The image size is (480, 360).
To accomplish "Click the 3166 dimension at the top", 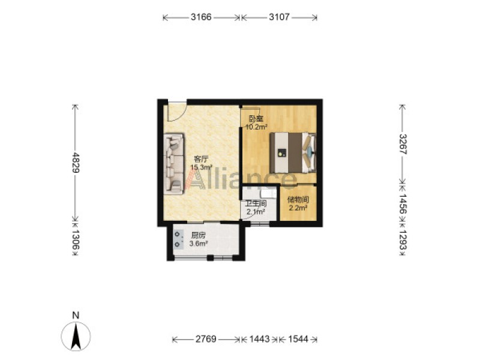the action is [x=201, y=17].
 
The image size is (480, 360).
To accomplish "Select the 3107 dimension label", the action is [x=279, y=17].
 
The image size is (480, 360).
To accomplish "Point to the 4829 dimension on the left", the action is [x=76, y=162].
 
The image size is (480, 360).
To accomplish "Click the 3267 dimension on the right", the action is [x=403, y=144].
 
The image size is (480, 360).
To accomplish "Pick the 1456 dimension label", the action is [x=403, y=204].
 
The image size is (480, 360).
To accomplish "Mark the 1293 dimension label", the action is [x=403, y=239].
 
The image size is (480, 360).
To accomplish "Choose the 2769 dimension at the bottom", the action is [x=206, y=339].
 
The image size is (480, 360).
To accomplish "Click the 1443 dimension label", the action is [x=260, y=339].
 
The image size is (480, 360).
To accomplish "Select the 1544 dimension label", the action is [x=298, y=339].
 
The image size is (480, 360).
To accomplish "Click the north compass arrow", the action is [x=76, y=336].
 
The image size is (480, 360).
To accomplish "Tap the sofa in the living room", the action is [x=174, y=163].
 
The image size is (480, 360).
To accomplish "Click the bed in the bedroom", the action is [x=293, y=152].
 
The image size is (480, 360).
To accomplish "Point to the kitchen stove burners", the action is [x=178, y=239].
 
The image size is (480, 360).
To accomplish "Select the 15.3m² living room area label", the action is [x=202, y=167].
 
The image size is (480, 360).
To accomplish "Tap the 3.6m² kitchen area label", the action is [x=199, y=244].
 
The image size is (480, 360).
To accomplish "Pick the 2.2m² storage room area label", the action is [x=298, y=208].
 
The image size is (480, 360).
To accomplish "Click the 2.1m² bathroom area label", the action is [x=256, y=212].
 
